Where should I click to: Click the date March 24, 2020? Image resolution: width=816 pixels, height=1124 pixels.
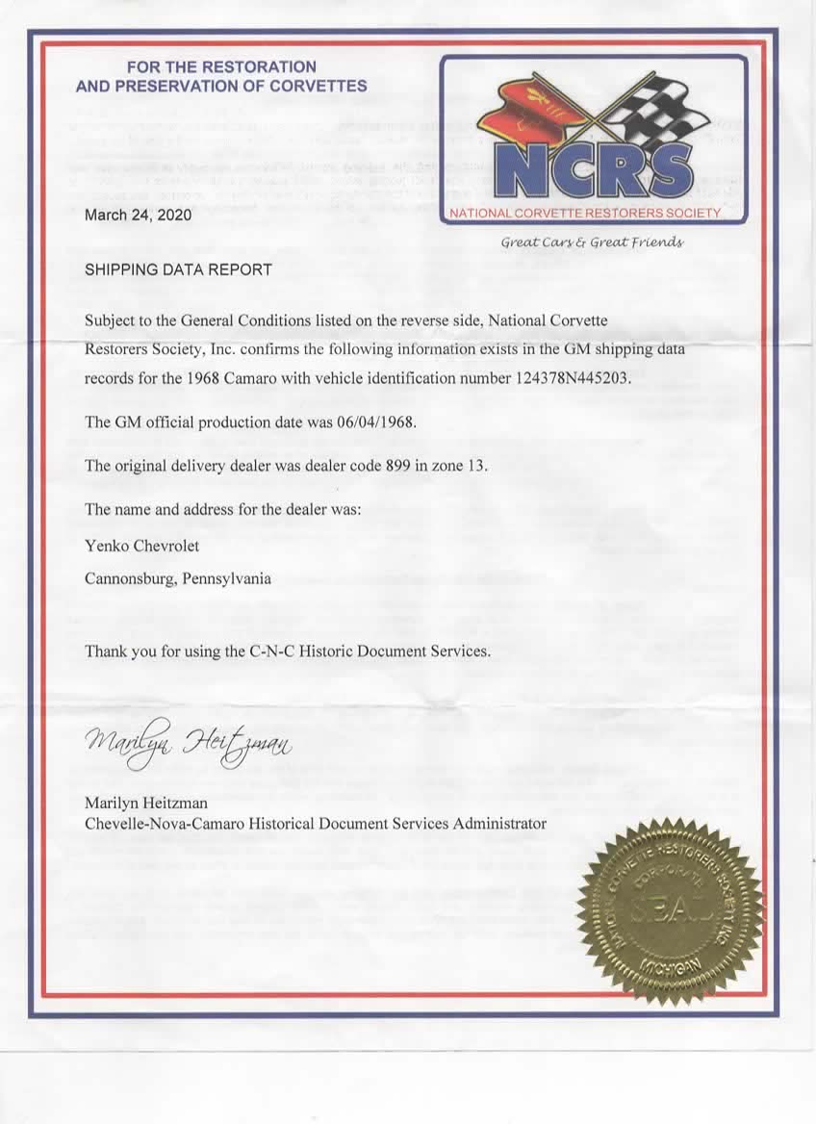138,215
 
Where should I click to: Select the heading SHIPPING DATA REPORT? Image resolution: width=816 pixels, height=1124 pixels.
178,269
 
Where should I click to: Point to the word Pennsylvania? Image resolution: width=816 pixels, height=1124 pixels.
223,579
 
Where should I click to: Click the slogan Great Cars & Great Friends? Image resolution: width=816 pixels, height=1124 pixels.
592,242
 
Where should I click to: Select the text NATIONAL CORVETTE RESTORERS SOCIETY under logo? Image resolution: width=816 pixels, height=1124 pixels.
584,213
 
